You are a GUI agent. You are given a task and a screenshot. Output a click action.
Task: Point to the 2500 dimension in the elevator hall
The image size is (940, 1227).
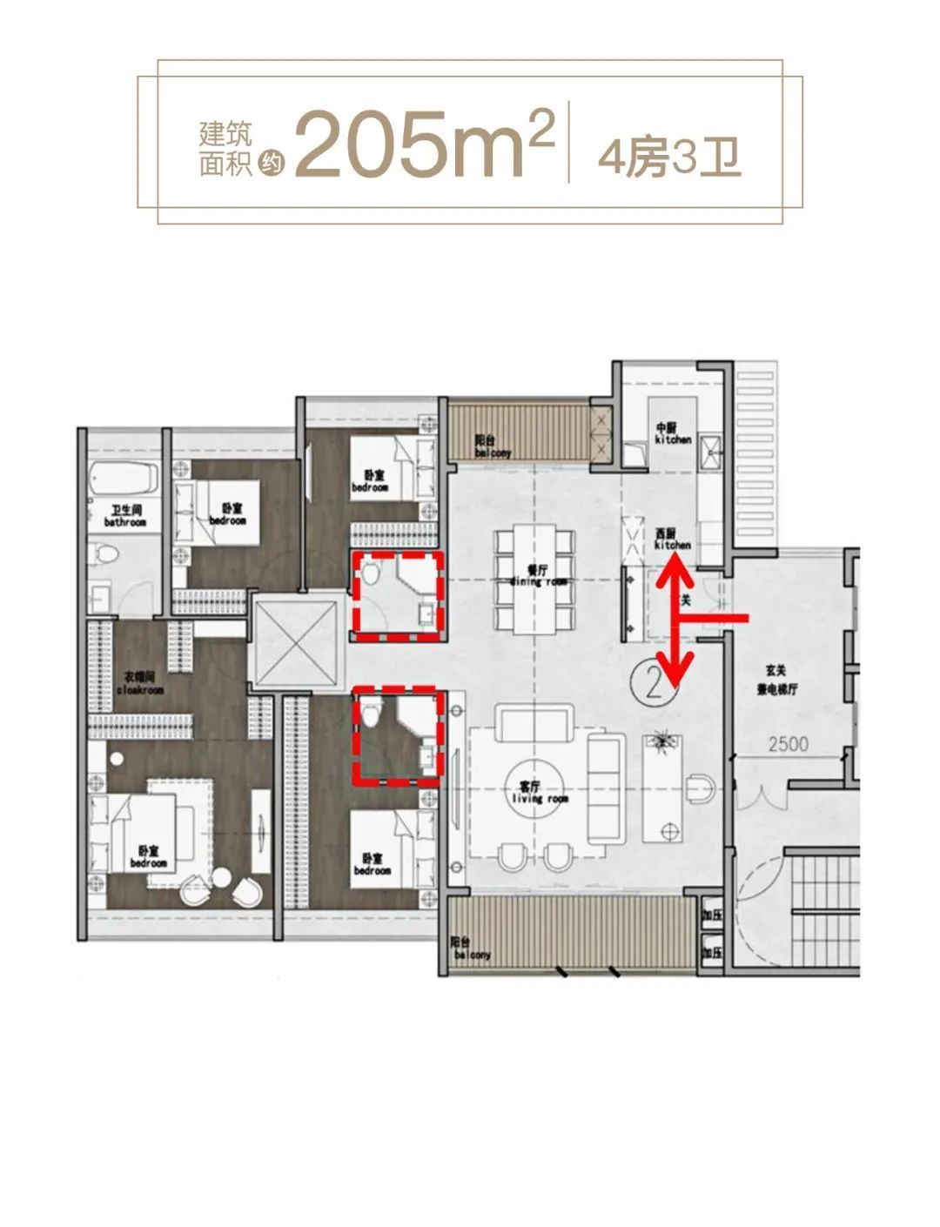click(x=788, y=744)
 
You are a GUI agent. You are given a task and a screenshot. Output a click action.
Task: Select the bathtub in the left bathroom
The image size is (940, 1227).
click(x=124, y=479)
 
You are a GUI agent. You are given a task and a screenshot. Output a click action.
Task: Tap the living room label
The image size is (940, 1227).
click(x=527, y=792)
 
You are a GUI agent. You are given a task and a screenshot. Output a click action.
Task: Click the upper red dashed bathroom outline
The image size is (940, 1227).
click(x=398, y=595)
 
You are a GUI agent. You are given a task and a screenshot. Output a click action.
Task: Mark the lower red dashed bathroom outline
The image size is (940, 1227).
click(x=398, y=735)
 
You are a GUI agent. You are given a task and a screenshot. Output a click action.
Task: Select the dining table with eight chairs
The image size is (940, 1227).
click(x=536, y=578)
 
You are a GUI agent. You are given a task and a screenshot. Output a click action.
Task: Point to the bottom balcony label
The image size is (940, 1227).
click(x=471, y=949)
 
